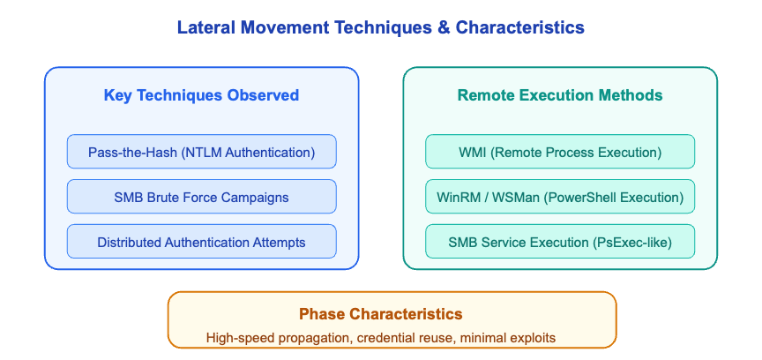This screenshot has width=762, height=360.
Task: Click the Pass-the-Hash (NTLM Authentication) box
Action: click(x=201, y=152)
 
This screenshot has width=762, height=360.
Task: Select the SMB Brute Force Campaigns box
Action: click(x=201, y=197)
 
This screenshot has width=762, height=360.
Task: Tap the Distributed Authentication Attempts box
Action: click(x=201, y=242)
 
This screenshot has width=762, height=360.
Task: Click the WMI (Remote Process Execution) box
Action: click(x=560, y=152)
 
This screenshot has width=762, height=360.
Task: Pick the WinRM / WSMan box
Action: click(x=560, y=197)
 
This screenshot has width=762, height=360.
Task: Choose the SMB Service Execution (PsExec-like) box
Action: click(x=560, y=242)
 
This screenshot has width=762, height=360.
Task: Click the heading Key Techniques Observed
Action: click(x=201, y=95)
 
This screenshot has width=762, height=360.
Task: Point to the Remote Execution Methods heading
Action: click(x=560, y=95)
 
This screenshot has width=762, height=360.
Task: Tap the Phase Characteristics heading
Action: click(x=380, y=314)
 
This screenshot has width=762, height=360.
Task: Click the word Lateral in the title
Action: click(x=205, y=28)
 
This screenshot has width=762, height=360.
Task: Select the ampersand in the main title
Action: click(x=443, y=28)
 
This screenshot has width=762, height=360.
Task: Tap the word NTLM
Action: click(x=205, y=152)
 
